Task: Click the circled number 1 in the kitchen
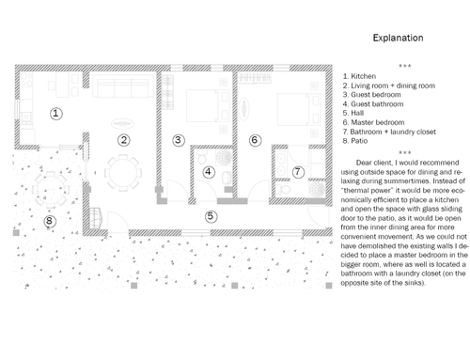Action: [x=56, y=114]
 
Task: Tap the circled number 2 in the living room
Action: [x=124, y=140]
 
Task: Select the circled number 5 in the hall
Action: [x=211, y=216]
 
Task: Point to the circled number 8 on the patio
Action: [x=50, y=221]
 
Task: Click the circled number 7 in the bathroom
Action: [x=298, y=172]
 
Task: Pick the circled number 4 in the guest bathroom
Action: [x=209, y=172]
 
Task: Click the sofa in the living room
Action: [x=123, y=86]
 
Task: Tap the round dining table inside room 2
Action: [x=123, y=173]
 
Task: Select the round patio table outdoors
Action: [x=50, y=190]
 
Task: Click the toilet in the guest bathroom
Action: [x=202, y=156]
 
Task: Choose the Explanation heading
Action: [x=398, y=38]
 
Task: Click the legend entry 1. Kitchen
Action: [x=359, y=76]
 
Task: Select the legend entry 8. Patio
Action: [x=355, y=141]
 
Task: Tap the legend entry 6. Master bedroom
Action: [x=373, y=122]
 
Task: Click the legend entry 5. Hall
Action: [x=353, y=113]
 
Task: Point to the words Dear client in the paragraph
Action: [x=374, y=163]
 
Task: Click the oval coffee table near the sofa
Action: [x=123, y=124]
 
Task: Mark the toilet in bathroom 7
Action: [x=284, y=189]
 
